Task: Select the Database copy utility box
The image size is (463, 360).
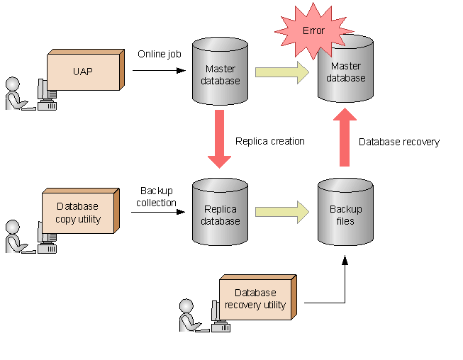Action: pos(78,213)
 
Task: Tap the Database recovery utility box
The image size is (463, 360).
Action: pos(255,298)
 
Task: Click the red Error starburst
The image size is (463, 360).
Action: pos(313,30)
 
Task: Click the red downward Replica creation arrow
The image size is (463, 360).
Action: pos(220,138)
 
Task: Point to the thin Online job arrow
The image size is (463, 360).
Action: pos(158,70)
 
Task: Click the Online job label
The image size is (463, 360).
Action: pos(159,54)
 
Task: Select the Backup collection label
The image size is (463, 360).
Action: pos(157,197)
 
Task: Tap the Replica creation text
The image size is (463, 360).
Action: pos(269,141)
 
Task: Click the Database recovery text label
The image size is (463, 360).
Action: pos(398,142)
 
